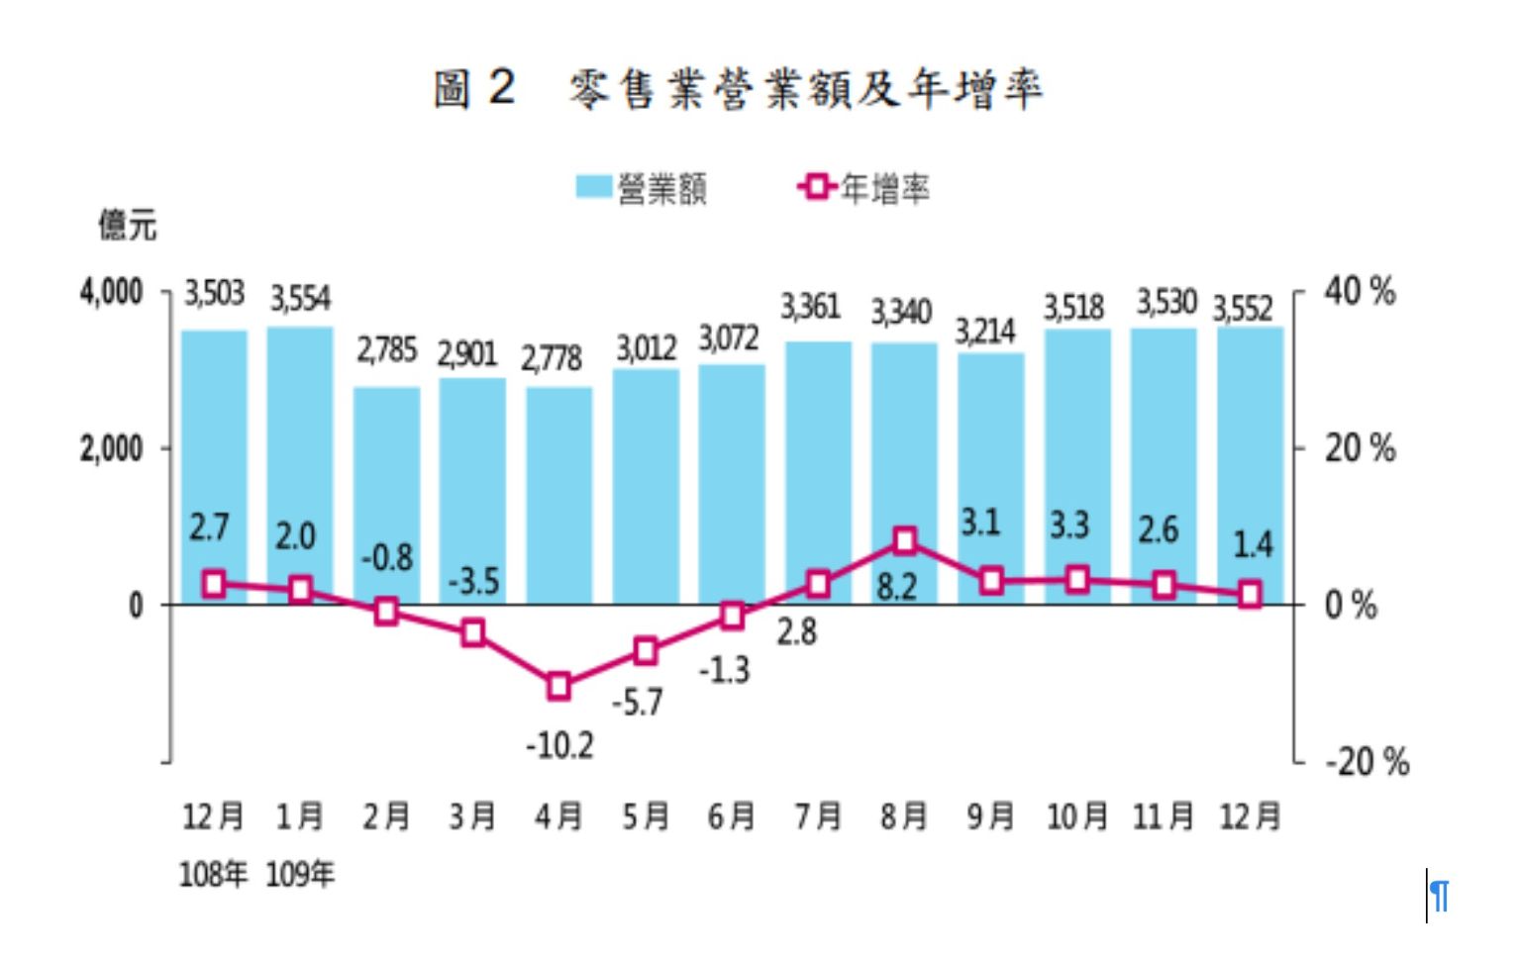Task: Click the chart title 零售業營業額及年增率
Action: point(804,89)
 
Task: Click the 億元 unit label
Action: point(127,226)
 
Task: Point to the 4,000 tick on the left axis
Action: point(111,293)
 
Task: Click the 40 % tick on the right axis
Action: point(1360,292)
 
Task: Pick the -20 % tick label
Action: point(1367,762)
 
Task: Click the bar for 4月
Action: point(559,495)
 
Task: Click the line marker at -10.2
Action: point(559,686)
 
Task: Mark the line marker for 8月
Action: point(905,540)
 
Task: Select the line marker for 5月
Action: point(646,651)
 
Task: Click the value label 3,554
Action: point(300,298)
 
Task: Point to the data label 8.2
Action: point(896,588)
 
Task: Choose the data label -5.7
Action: point(637,703)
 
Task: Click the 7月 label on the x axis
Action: point(818,816)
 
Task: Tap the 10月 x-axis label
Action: point(1077,816)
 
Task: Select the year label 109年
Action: point(300,874)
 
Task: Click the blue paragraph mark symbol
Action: point(1440,897)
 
